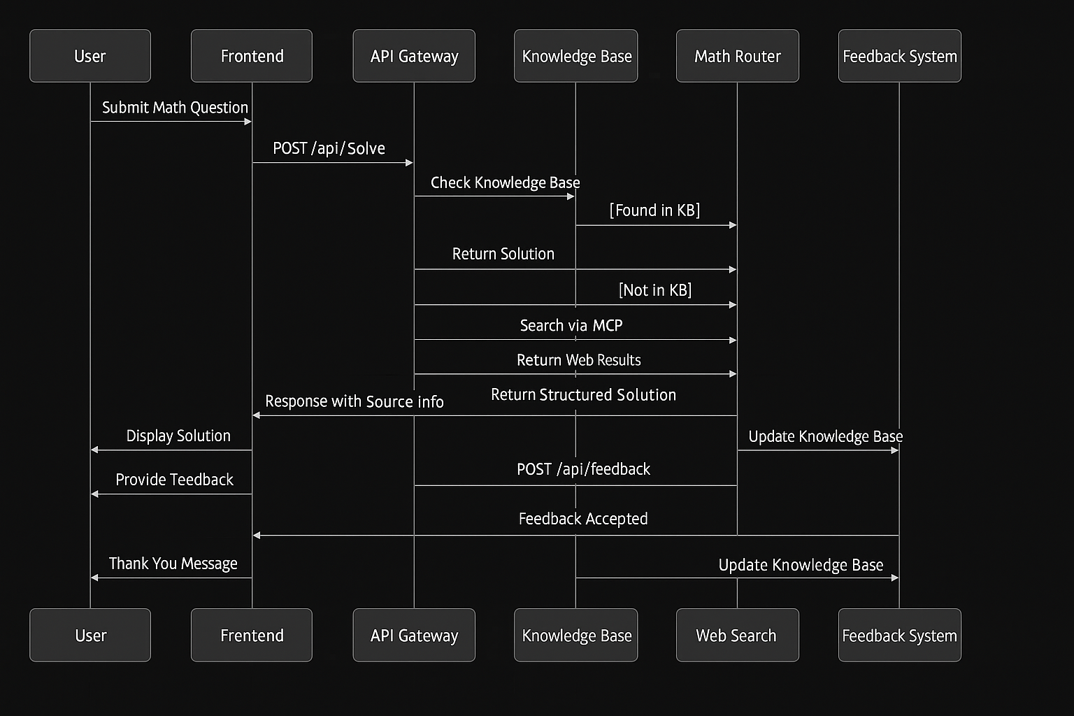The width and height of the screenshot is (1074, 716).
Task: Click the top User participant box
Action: tap(90, 56)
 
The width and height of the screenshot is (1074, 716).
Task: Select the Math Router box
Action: tap(737, 56)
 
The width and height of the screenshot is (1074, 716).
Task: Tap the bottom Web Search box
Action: tap(737, 635)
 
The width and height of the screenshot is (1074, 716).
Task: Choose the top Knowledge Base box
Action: tap(576, 56)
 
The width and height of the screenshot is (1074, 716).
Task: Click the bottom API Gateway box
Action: tap(414, 635)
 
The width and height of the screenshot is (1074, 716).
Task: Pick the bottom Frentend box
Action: tap(252, 635)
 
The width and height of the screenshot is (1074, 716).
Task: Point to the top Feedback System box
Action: tap(899, 56)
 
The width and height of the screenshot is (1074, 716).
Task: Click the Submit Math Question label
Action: tap(175, 108)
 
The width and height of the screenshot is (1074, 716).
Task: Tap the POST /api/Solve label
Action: tap(329, 148)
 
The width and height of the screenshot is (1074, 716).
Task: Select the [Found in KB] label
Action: tap(654, 210)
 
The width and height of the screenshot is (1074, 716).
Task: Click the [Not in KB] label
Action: tap(655, 290)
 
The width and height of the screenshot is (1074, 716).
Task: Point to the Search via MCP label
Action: tap(571, 325)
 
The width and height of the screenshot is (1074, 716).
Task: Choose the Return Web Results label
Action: tap(579, 360)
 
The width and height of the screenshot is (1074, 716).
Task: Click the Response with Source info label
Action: tap(355, 401)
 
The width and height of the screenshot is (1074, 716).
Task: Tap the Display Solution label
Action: tap(178, 436)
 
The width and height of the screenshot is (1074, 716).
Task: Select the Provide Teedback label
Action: tap(174, 480)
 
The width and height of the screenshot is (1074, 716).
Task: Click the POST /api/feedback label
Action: tap(583, 469)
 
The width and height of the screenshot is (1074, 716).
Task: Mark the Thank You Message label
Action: tap(173, 564)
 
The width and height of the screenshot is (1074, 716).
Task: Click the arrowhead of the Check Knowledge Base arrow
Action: tap(571, 196)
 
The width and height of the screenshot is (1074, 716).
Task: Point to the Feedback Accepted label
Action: tap(583, 519)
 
